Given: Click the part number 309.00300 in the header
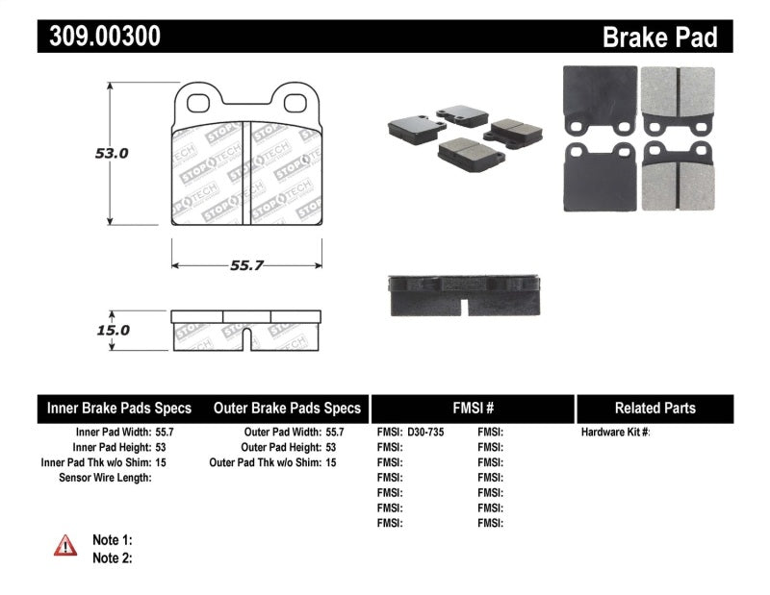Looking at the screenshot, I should (100, 37).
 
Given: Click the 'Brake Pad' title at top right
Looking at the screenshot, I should (660, 37).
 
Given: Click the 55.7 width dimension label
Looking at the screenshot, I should (246, 266).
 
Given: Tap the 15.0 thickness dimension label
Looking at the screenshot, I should (112, 330).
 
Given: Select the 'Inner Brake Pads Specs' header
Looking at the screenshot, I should (119, 409).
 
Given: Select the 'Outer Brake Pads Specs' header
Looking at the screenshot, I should (287, 409).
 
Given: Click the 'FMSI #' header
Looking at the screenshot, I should (472, 409).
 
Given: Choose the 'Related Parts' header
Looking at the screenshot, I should (654, 409).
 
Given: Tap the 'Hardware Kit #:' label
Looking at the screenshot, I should (615, 433).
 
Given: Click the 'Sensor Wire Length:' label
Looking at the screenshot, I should (105, 478).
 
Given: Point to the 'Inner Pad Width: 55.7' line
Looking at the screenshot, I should (120, 433).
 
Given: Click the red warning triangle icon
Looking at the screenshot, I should (65, 546).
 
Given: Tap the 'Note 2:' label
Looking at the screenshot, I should (112, 558).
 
